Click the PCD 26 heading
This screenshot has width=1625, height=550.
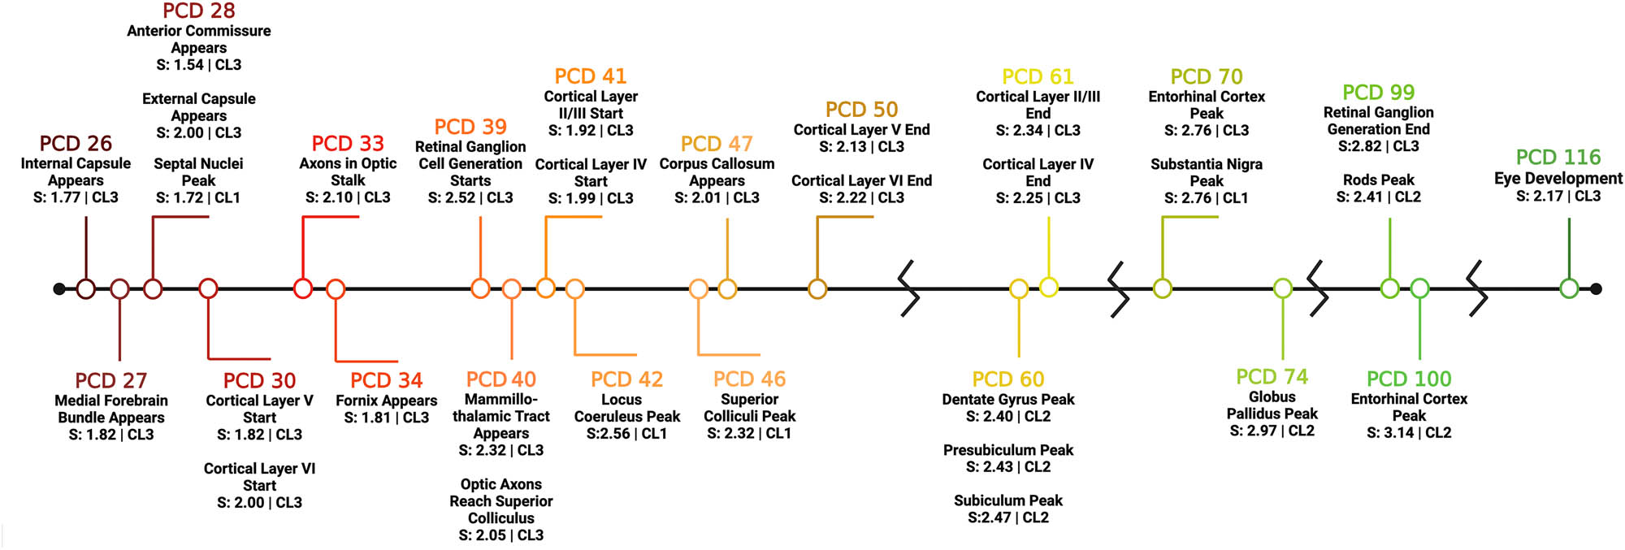pyautogui.click(x=76, y=144)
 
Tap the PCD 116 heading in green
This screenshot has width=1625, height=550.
pyautogui.click(x=1558, y=157)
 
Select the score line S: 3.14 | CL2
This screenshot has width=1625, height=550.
pyautogui.click(x=1408, y=433)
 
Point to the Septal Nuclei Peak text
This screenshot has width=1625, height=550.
pyautogui.click(x=198, y=172)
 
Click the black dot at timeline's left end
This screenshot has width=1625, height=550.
pyautogui.click(x=58, y=288)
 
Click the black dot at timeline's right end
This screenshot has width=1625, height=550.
pyautogui.click(x=1596, y=288)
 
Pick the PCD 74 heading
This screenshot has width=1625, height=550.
pyautogui.click(x=1272, y=377)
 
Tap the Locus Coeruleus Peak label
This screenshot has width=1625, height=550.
pyautogui.click(x=626, y=408)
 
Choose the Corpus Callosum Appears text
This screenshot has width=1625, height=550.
pyautogui.click(x=717, y=172)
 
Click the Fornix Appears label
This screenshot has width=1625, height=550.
pyautogui.click(x=386, y=401)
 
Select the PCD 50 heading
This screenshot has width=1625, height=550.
pyautogui.click(x=861, y=110)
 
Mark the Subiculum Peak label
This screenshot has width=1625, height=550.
pyautogui.click(x=1007, y=500)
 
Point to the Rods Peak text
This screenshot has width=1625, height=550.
pyautogui.click(x=1378, y=180)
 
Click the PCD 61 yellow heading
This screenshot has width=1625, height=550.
pyautogui.click(x=1038, y=77)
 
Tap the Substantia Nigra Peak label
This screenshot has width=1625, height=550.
pyautogui.click(x=1206, y=172)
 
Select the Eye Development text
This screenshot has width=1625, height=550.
pyautogui.click(x=1558, y=178)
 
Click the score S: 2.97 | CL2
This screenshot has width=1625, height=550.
pyautogui.click(x=1272, y=431)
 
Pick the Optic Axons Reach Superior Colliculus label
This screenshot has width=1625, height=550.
pyautogui.click(x=500, y=501)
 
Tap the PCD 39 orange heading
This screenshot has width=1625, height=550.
pyautogui.click(x=470, y=127)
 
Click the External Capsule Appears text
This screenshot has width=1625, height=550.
pyautogui.click(x=198, y=107)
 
